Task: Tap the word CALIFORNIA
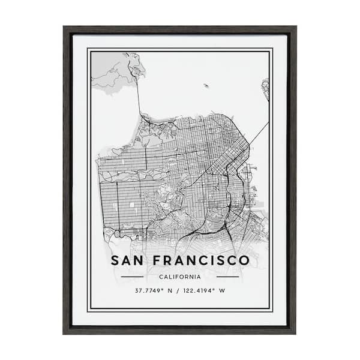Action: click(179, 277)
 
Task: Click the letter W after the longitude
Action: click(223, 291)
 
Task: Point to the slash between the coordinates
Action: click(177, 291)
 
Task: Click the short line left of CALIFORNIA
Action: click(132, 277)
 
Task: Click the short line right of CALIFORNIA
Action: click(227, 277)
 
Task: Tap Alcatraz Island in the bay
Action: click(205, 86)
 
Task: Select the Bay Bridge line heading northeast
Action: click(259, 133)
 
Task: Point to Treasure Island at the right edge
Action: click(265, 88)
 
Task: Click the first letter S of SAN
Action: click(115, 260)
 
